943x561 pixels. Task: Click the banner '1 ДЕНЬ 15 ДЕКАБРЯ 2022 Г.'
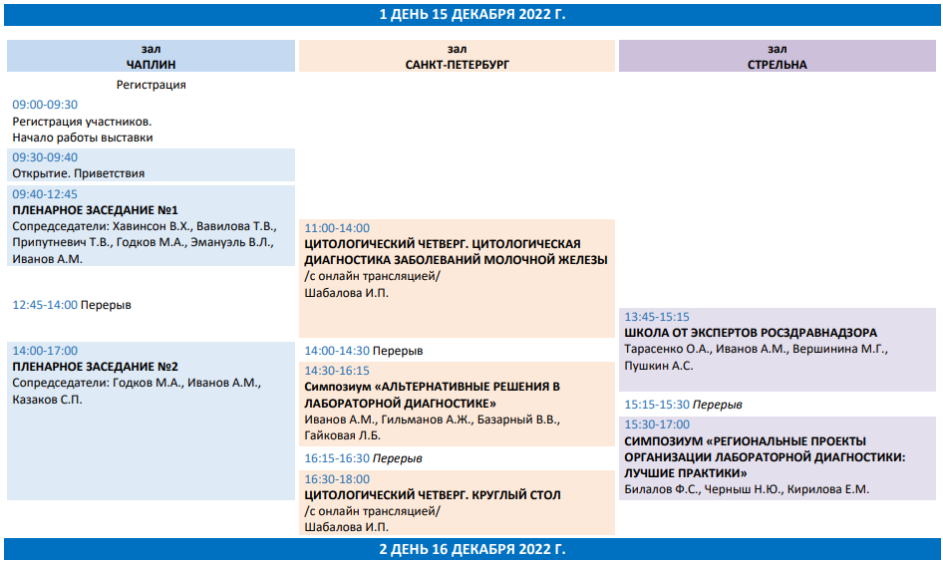472,14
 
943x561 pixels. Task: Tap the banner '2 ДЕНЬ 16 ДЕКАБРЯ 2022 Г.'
472,549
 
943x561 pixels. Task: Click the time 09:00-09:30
45,105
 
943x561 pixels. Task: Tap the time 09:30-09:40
45,157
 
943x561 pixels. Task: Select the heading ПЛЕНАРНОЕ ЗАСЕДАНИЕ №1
95,210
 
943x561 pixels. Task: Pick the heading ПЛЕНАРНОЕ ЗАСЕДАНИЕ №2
95,367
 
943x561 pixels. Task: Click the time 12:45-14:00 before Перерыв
45,305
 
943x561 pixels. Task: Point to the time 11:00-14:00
337,228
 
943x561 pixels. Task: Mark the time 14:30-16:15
337,371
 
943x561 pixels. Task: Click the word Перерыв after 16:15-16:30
397,458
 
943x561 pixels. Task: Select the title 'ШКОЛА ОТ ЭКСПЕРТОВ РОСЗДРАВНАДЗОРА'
751,333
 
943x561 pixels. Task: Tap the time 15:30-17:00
657,424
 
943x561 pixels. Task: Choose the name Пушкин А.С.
659,366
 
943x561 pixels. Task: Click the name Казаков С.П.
47,400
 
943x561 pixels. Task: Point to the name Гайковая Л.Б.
342,435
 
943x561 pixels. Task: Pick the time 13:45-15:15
657,317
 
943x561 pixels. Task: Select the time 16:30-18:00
337,479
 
